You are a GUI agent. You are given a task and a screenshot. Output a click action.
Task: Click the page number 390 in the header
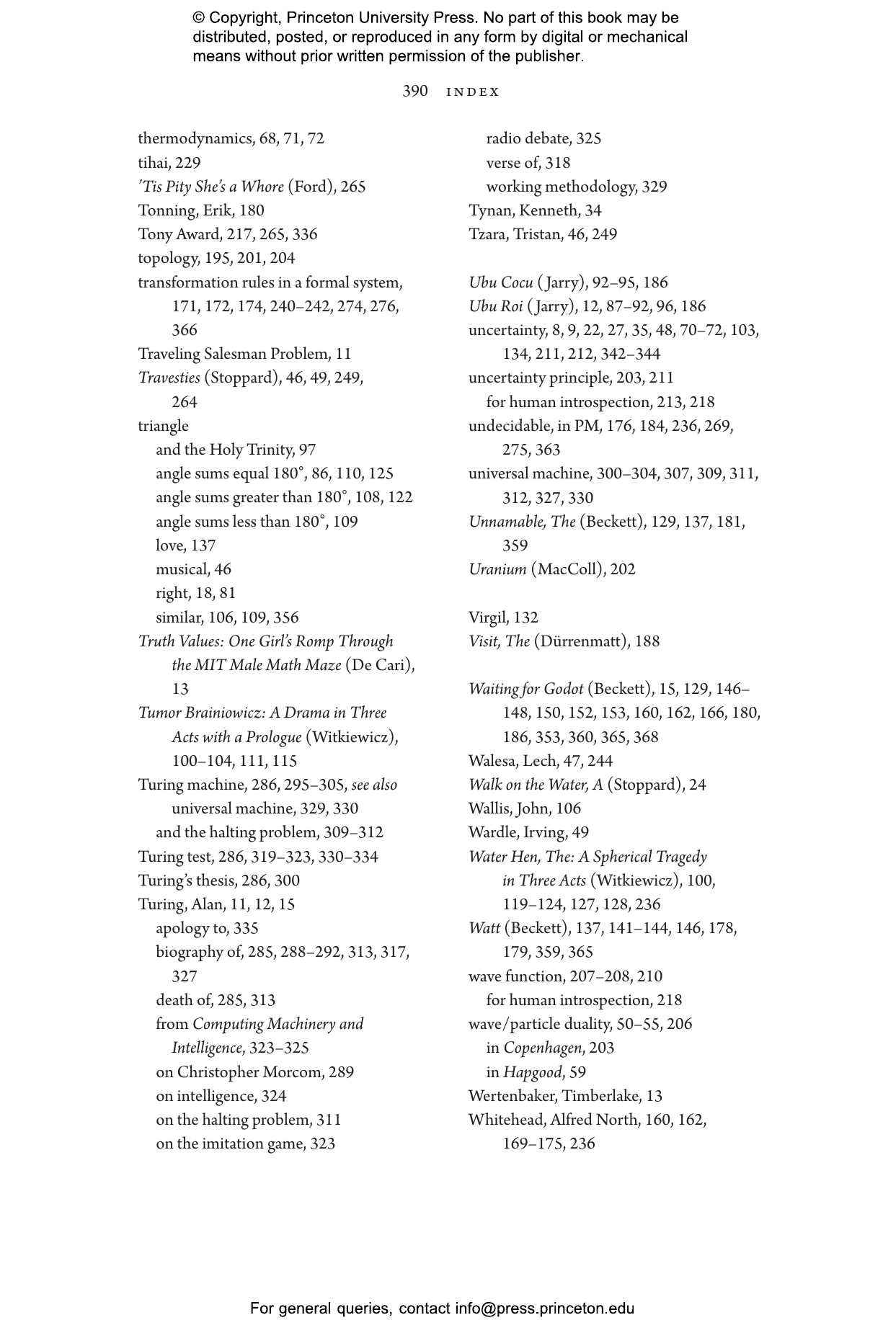(414, 92)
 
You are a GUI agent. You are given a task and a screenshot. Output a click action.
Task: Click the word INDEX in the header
(473, 92)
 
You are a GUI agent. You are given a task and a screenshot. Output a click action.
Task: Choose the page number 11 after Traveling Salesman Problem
(343, 354)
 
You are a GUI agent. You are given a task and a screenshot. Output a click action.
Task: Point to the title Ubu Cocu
(500, 282)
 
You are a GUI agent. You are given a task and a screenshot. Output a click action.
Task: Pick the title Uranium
(497, 569)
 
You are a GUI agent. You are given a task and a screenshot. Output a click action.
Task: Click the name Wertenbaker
(512, 1096)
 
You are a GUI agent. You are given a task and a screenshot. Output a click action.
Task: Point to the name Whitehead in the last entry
(505, 1120)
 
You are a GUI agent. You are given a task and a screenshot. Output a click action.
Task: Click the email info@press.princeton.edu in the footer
(544, 1309)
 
